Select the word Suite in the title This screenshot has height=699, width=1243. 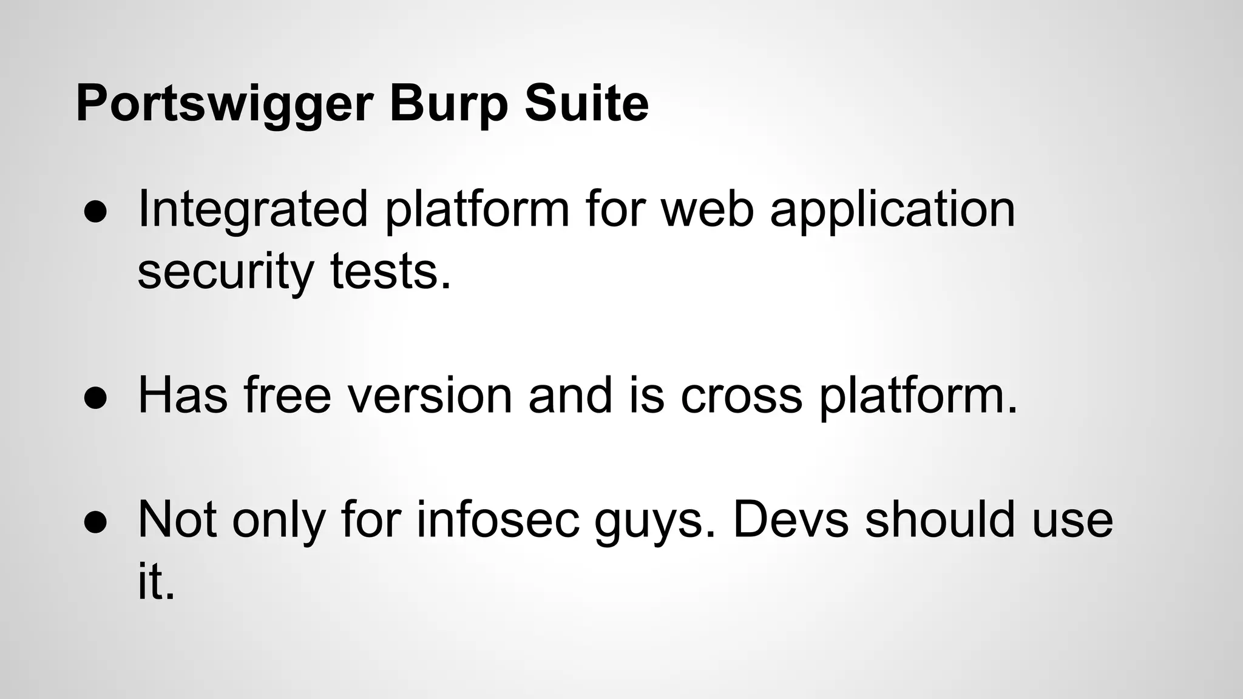point(587,103)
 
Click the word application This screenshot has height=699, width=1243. point(892,210)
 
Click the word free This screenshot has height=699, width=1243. point(287,395)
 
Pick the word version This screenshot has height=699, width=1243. point(430,395)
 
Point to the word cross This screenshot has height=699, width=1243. point(741,396)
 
